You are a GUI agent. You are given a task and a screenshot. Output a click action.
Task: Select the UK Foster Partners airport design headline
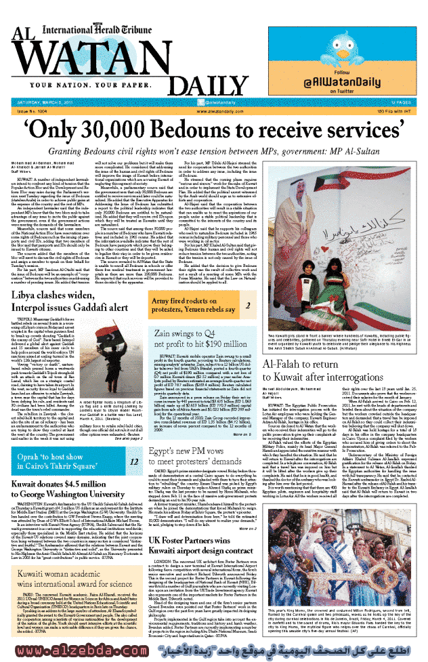click(x=202, y=543)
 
